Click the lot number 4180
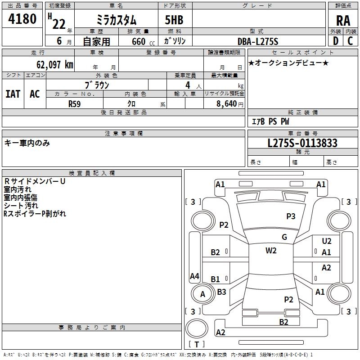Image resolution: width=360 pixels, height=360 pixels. point(22,19)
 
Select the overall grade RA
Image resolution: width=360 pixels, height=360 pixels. point(343,21)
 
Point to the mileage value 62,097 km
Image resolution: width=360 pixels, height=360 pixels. point(49,65)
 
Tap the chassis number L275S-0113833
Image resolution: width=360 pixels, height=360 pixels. point(302,144)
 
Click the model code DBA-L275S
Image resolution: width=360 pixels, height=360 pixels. point(258,41)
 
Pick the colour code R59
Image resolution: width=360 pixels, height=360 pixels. point(75,103)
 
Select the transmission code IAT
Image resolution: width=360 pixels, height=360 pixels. point(13,94)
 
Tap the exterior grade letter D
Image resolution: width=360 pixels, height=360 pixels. point(335,41)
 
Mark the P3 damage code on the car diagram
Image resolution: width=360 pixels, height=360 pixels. point(291,216)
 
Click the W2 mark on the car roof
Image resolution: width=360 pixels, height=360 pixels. point(271,251)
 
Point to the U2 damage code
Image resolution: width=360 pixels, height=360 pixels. point(326,242)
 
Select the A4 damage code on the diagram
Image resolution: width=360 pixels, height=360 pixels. point(194,276)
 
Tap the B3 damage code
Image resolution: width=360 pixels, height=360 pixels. point(221,292)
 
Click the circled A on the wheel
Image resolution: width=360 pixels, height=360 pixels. point(202,294)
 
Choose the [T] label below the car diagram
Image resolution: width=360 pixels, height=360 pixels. point(197,344)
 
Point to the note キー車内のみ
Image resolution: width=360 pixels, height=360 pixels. point(27,143)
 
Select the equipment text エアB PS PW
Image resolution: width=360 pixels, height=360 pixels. point(270,121)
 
